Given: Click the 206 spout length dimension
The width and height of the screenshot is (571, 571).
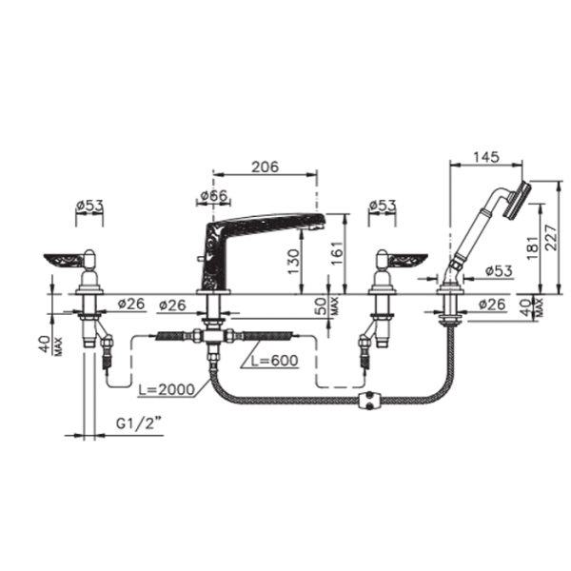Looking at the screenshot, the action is (x=266, y=167).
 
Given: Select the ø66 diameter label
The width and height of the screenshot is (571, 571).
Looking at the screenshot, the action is (x=214, y=195).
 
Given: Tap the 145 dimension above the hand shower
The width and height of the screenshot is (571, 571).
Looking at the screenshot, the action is (x=486, y=157).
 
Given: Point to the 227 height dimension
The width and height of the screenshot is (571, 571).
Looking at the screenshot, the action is (x=551, y=237).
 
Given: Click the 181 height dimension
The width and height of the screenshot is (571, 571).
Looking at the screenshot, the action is (x=532, y=247).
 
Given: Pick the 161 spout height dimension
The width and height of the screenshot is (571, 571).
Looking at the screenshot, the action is (x=337, y=253).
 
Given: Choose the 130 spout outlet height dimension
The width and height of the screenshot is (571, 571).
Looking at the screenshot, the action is (x=293, y=262).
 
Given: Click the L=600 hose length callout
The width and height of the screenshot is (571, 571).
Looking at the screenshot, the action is (x=275, y=361).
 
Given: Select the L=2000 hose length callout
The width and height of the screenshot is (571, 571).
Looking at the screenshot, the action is (x=167, y=389).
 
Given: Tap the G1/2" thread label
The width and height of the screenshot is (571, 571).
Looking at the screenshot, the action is (x=139, y=423).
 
